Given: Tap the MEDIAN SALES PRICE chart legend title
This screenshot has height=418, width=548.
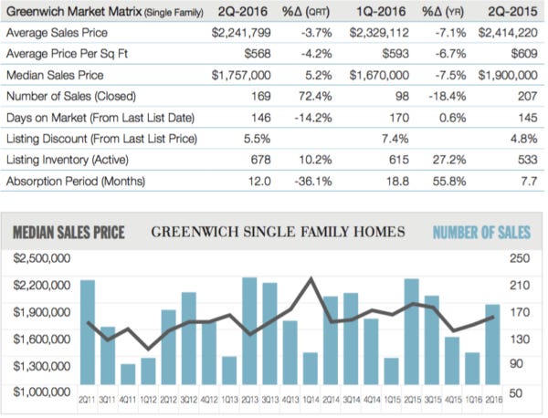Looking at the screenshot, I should pyautogui.click(x=68, y=232).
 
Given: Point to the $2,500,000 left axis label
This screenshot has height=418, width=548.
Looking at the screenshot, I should pyautogui.click(x=44, y=259).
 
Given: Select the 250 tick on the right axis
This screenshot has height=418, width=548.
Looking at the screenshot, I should pyautogui.click(x=519, y=259).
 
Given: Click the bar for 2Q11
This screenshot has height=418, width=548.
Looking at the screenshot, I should pyautogui.click(x=88, y=333).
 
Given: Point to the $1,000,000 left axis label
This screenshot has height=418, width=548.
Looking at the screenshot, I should pyautogui.click(x=44, y=392).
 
